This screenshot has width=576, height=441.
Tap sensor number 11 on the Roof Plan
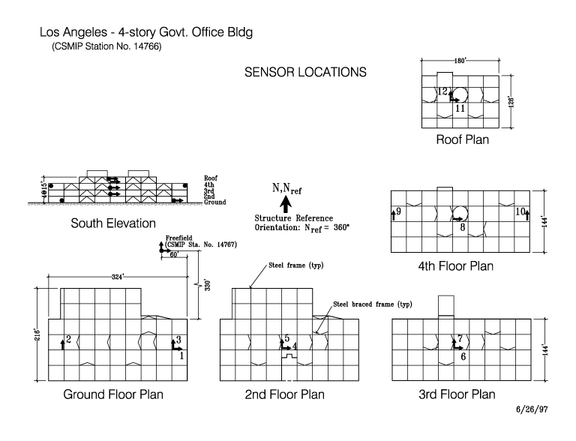[x=460, y=108]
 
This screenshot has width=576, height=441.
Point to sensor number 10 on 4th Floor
[x=519, y=212]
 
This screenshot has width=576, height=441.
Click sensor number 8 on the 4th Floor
[x=463, y=226]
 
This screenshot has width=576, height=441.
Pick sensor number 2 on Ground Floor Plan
[x=69, y=340]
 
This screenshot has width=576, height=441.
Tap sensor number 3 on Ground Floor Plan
[x=178, y=340]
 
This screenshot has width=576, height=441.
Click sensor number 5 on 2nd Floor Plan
[x=286, y=339]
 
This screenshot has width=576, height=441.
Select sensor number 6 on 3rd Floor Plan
[x=463, y=356]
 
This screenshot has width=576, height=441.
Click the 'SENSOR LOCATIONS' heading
[x=305, y=73]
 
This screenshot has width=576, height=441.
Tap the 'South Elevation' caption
[x=113, y=223]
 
